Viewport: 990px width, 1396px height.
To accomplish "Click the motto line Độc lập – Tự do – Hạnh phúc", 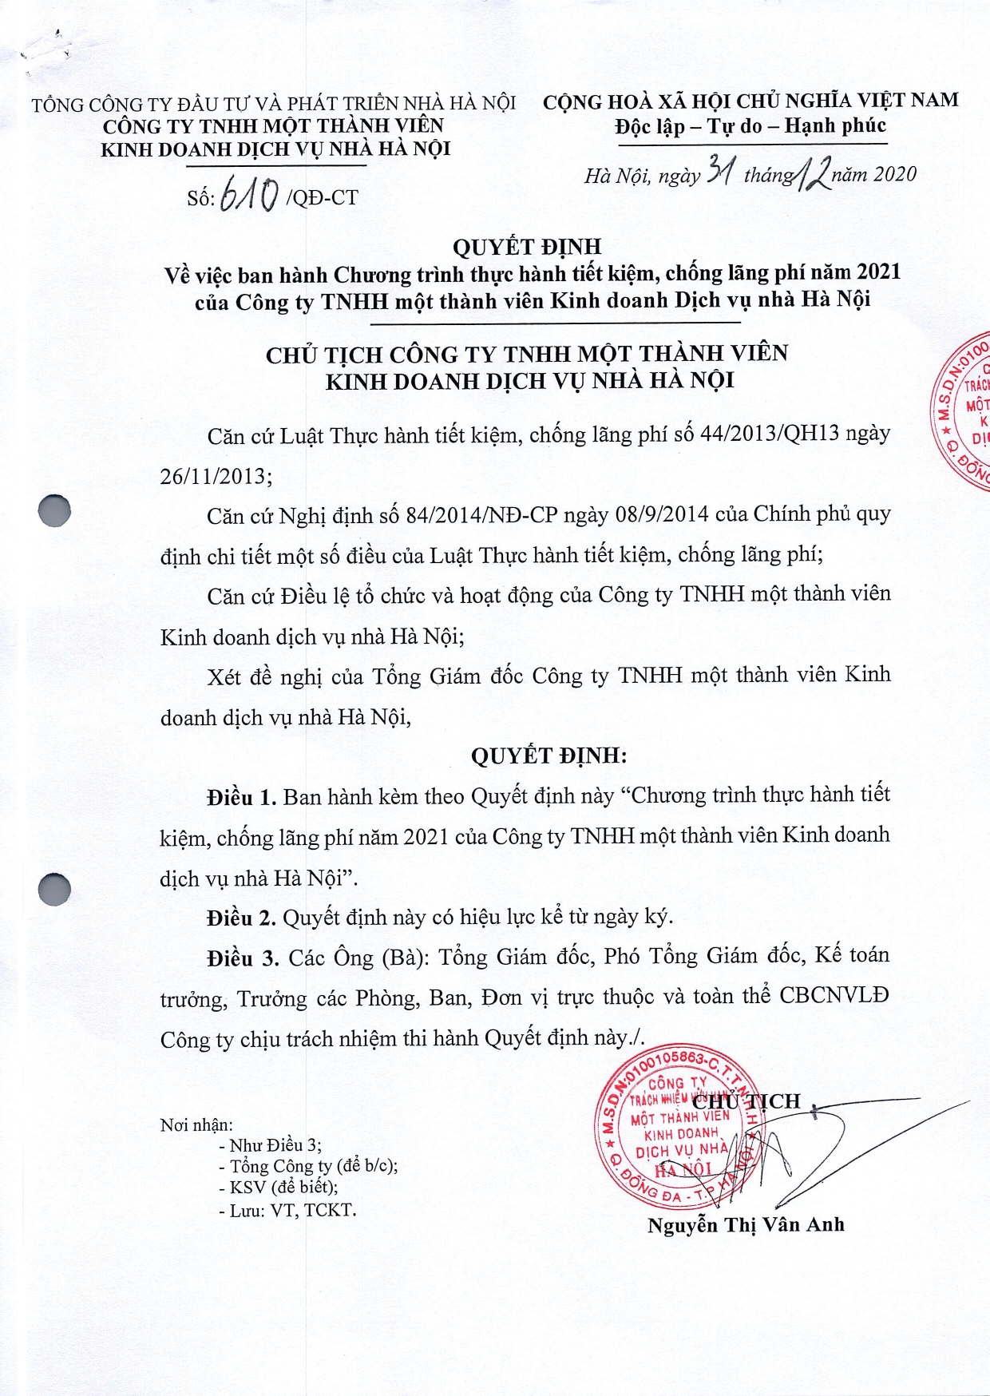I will (x=750, y=126).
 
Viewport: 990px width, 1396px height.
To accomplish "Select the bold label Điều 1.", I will (x=241, y=797).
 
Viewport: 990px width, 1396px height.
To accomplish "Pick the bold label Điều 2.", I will (x=241, y=918).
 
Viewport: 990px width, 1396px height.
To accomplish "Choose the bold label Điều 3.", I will (x=242, y=958).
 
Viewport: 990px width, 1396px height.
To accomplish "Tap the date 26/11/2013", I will (x=212, y=476).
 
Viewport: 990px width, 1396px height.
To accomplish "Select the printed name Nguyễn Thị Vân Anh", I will (x=746, y=1225).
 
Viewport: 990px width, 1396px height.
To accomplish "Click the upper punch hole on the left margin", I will (x=54, y=510).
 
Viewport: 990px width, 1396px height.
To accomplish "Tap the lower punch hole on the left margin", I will (x=54, y=889).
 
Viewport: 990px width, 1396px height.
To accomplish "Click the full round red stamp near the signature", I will (x=679, y=1131).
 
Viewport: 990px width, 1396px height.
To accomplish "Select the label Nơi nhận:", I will (x=196, y=1125).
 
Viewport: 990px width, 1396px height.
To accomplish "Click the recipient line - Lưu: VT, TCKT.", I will (x=287, y=1210).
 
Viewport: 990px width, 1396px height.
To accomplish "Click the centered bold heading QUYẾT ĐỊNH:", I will (x=548, y=756).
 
